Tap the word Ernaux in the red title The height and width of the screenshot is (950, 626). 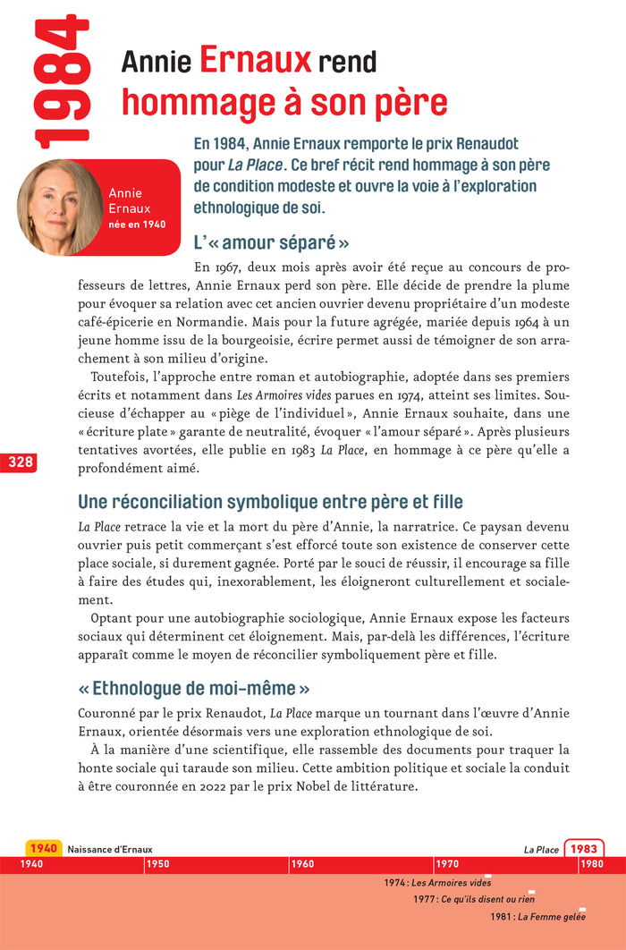pyautogui.click(x=255, y=60)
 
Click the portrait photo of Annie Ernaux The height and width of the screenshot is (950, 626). pyautogui.click(x=59, y=208)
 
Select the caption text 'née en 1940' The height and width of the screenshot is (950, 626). pyautogui.click(x=137, y=225)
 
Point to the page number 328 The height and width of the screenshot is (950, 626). pyautogui.click(x=18, y=462)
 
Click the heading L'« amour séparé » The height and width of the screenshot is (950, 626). pyautogui.click(x=271, y=243)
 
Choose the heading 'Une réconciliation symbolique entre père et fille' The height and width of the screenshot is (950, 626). pyautogui.click(x=270, y=502)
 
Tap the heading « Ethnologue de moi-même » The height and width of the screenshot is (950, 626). pyautogui.click(x=195, y=689)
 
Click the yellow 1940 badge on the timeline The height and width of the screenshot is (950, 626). pyautogui.click(x=43, y=849)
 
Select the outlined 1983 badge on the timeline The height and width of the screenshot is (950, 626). pyautogui.click(x=584, y=849)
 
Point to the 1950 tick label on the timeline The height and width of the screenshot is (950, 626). pyautogui.click(x=157, y=864)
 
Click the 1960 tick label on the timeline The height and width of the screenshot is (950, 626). pyautogui.click(x=302, y=864)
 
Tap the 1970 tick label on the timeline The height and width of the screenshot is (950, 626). pyautogui.click(x=447, y=864)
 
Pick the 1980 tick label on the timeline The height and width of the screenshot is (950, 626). pyautogui.click(x=590, y=864)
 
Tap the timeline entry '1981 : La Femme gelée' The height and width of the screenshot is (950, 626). pyautogui.click(x=537, y=917)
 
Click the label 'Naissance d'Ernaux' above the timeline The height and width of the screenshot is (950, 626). pyautogui.click(x=110, y=849)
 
